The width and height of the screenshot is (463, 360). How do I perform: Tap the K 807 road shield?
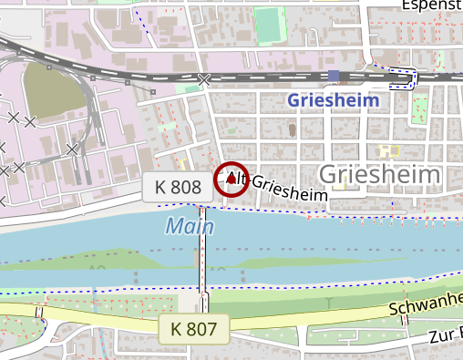pyautogui.click(x=193, y=328)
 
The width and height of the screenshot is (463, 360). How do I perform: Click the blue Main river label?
pyautogui.click(x=190, y=226)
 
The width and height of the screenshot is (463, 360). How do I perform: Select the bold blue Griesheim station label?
pyautogui.click(x=333, y=99)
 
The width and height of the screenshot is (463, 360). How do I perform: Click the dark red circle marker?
pyautogui.click(x=231, y=178)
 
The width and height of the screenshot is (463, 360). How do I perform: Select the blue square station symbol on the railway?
pyautogui.click(x=334, y=77)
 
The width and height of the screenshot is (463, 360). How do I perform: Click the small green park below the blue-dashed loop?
pyautogui.click(x=419, y=110)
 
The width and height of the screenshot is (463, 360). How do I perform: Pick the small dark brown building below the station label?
pyautogui.click(x=292, y=129)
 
